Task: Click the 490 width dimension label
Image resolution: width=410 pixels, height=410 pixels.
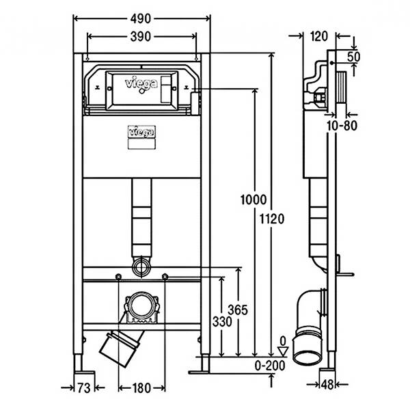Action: (x=140, y=19)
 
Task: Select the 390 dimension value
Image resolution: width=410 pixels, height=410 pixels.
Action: (x=140, y=37)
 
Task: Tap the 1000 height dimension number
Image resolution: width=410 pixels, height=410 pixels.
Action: (x=253, y=200)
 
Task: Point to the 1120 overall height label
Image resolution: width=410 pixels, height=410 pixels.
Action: (x=272, y=219)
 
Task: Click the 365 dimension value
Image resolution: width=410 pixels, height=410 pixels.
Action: (x=237, y=310)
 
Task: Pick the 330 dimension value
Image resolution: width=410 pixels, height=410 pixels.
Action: (x=222, y=322)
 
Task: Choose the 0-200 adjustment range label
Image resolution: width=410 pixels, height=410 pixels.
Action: (x=270, y=366)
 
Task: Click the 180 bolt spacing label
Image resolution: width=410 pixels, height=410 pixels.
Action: (x=141, y=388)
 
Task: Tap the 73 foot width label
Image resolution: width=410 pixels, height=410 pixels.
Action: (x=83, y=388)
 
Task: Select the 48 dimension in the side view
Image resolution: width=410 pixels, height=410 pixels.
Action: (x=327, y=385)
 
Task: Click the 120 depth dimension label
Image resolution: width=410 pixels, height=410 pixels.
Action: (x=319, y=36)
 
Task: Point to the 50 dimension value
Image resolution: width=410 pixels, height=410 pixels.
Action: (x=353, y=57)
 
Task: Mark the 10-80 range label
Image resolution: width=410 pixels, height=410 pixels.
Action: (x=342, y=126)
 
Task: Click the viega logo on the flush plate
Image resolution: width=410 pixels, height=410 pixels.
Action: (x=141, y=83)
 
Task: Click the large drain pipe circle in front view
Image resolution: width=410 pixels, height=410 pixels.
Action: (x=141, y=306)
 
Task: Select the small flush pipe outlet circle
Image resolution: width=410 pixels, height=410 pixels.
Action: (x=141, y=267)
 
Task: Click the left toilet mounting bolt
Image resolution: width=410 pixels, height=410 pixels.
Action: (x=118, y=276)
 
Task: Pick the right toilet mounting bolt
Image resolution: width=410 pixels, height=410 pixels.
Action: (x=165, y=276)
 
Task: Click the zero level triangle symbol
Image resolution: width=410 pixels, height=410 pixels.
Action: (x=283, y=351)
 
